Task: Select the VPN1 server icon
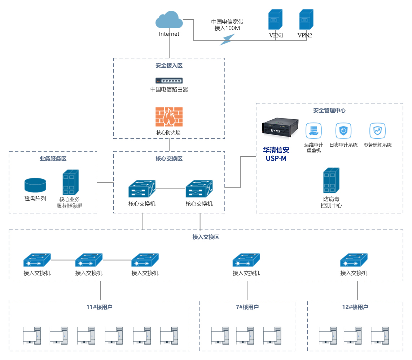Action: [x=275, y=20]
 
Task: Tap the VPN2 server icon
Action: [x=306, y=20]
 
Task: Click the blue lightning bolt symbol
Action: [x=227, y=39]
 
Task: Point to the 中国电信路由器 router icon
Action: [x=169, y=81]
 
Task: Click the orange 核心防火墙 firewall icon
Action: [x=169, y=117]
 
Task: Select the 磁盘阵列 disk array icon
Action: [x=35, y=185]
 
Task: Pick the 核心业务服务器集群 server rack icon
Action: [x=71, y=182]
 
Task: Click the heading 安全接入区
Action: [x=169, y=66]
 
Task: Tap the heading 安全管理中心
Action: [x=329, y=111]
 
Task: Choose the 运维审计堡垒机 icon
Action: [x=313, y=131]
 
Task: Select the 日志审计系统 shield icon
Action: [x=343, y=131]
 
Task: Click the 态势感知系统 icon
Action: [x=377, y=131]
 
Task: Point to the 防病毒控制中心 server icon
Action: [x=331, y=181]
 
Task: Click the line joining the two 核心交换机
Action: [x=171, y=189]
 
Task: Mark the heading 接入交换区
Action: [x=206, y=237]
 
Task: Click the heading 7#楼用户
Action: [x=247, y=307]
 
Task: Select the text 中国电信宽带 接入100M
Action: [x=227, y=25]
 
